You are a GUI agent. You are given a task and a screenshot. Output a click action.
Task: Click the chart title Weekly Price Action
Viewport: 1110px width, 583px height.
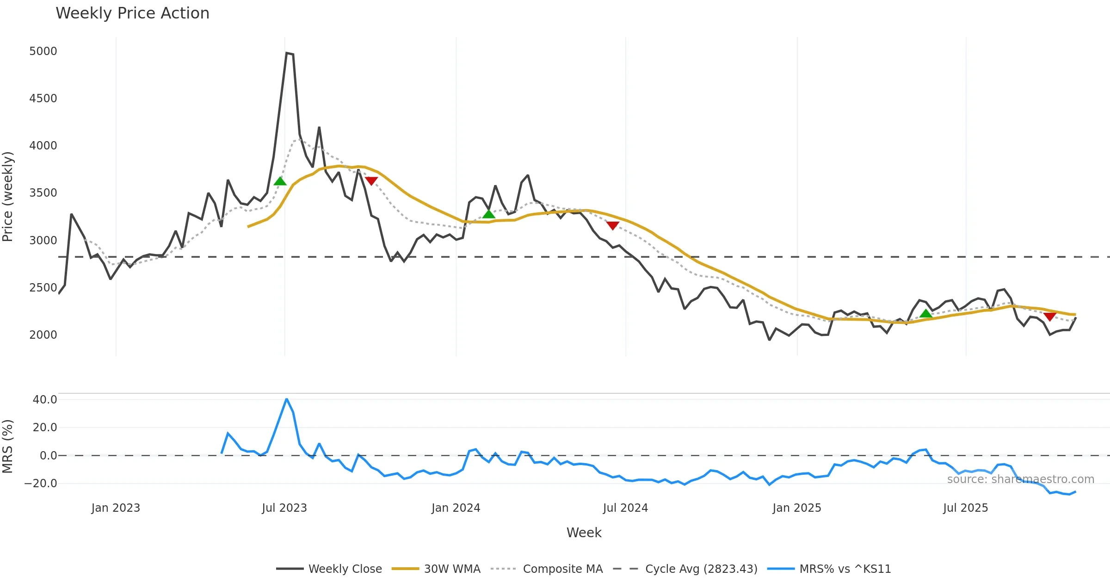pyautogui.click(x=132, y=13)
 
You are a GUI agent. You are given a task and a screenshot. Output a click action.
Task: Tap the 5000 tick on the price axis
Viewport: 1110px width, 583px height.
pyautogui.click(x=43, y=51)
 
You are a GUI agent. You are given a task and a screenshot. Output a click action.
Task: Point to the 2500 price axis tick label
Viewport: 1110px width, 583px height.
pyautogui.click(x=43, y=287)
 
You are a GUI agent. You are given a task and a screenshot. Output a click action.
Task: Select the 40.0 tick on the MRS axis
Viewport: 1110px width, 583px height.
pyautogui.click(x=44, y=399)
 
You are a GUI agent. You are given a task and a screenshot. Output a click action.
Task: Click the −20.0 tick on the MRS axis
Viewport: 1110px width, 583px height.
pyautogui.click(x=41, y=484)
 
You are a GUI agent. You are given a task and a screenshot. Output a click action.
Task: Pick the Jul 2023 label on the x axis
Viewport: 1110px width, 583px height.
pyautogui.click(x=284, y=508)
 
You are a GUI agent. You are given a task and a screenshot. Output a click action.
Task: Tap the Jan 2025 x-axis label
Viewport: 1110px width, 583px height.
pyautogui.click(x=797, y=508)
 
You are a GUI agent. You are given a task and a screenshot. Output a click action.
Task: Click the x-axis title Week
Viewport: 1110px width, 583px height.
pyautogui.click(x=584, y=533)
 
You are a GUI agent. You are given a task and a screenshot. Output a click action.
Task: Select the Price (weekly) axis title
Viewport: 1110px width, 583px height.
pyautogui.click(x=7, y=197)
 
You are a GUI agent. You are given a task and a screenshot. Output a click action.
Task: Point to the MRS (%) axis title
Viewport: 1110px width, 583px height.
pyautogui.click(x=7, y=446)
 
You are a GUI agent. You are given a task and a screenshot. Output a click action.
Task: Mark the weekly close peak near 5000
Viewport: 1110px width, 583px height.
pyautogui.click(x=287, y=53)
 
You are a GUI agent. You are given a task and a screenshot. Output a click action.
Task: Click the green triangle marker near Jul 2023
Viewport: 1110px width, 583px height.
pyautogui.click(x=280, y=181)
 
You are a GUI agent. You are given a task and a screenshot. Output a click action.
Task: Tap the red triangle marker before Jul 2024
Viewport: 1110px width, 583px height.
pyautogui.click(x=613, y=225)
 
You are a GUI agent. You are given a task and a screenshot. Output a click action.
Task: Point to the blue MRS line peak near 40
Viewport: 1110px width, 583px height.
pyautogui.click(x=287, y=399)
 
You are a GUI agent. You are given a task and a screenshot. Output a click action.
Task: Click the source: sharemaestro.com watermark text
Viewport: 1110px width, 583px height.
pyautogui.click(x=1020, y=479)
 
